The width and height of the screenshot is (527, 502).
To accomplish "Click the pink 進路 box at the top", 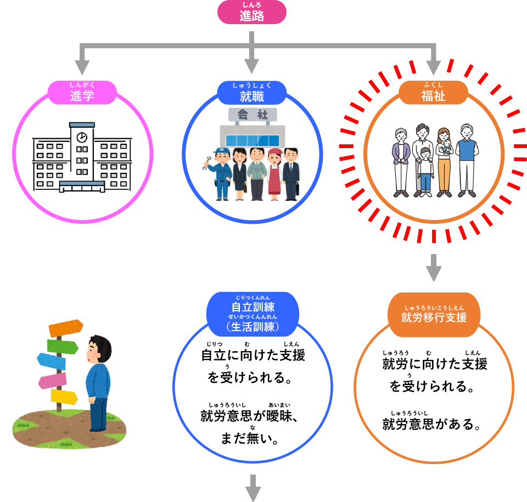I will (251, 13).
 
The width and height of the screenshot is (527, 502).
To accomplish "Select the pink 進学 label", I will (82, 94).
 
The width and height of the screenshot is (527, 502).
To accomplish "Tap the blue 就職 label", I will (251, 94).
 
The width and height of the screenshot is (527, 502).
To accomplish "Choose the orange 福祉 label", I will (433, 94).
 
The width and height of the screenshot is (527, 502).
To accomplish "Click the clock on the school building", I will (82, 137).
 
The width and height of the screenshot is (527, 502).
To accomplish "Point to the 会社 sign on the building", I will (251, 115).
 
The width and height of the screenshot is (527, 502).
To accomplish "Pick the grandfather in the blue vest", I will (466, 159).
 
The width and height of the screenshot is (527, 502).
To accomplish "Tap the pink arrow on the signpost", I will (53, 380).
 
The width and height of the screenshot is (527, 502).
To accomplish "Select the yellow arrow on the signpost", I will (65, 396).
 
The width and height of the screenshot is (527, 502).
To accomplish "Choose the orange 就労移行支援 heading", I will (434, 314).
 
